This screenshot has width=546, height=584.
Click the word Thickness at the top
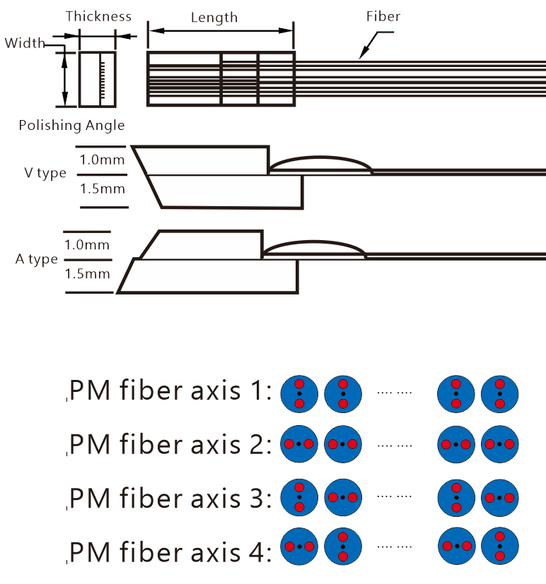click(98, 16)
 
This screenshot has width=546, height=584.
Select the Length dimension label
click(214, 17)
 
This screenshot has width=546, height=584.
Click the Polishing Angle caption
click(71, 126)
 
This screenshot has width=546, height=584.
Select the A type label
click(37, 259)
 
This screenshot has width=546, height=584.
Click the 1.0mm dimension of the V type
click(101, 160)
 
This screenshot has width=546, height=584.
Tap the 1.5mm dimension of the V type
click(101, 189)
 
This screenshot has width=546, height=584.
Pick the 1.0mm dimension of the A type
click(87, 245)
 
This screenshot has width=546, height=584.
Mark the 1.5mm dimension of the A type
click(87, 273)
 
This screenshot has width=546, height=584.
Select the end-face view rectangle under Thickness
click(97, 79)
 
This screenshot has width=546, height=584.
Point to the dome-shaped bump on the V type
click(320, 164)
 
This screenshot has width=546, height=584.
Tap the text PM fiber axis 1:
click(170, 391)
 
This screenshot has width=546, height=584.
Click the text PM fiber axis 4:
click(170, 552)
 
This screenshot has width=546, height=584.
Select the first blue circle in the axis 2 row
click(299, 445)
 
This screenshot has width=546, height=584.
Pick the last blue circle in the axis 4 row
click(500, 547)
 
